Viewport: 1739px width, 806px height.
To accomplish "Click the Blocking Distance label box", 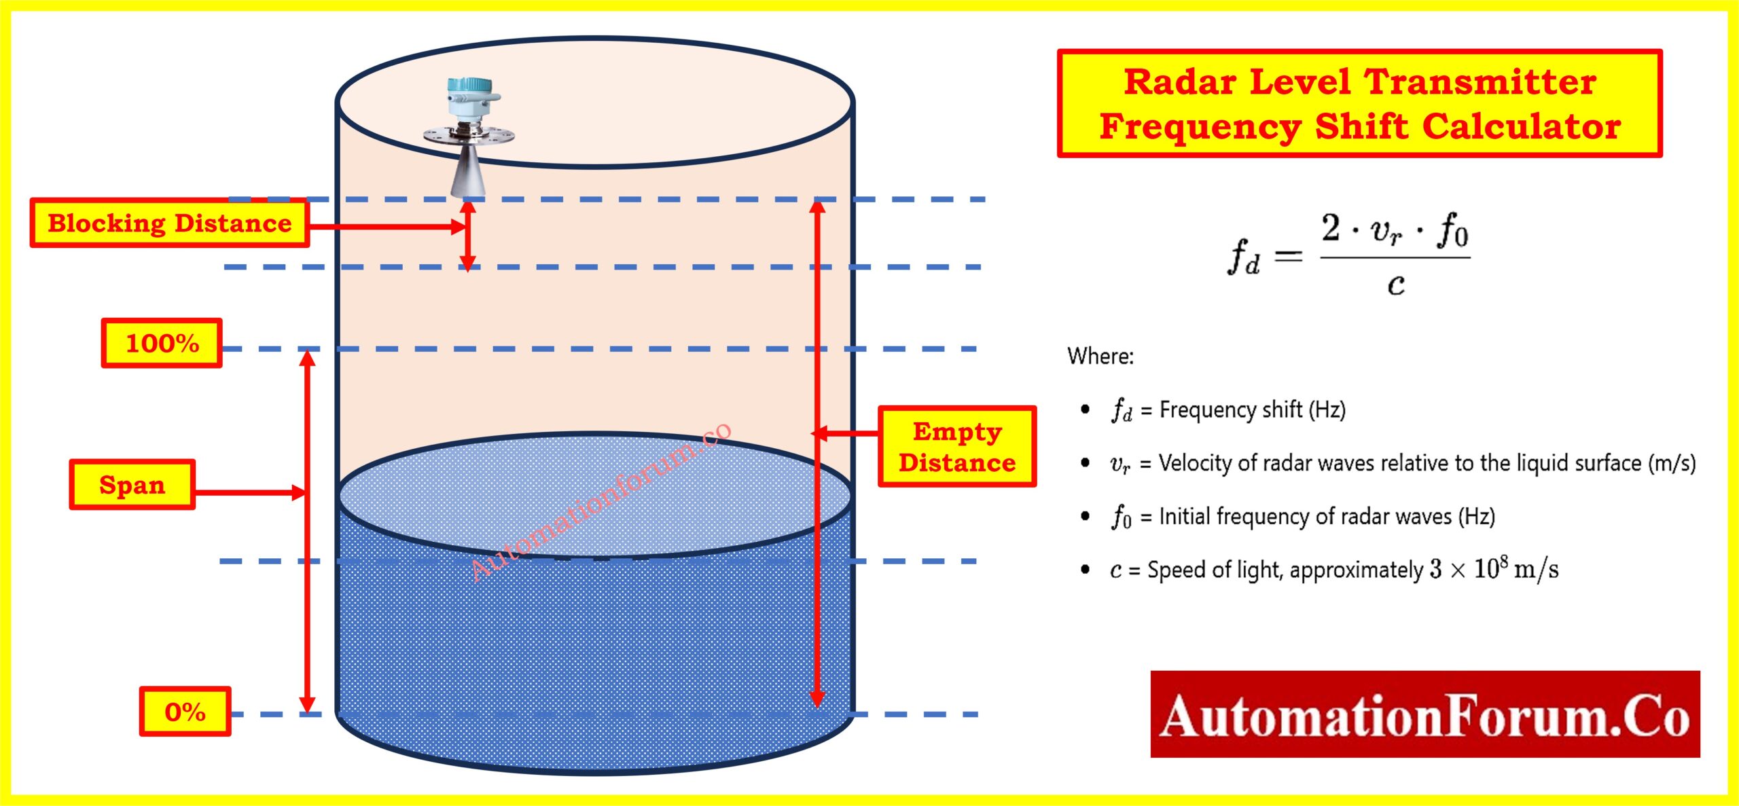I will (169, 223).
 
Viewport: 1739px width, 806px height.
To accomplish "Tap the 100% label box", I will (162, 343).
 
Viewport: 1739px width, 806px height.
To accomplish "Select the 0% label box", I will (185, 712).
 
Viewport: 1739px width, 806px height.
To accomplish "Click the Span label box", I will (132, 485).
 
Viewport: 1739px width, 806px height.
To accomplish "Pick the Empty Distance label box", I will (956, 447).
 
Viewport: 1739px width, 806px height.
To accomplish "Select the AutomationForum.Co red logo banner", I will (1424, 714).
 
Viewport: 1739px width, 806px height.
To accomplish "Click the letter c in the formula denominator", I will (1395, 285).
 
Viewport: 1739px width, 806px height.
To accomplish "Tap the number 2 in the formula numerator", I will (1331, 228).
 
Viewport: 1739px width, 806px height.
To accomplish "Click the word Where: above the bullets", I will (1100, 356).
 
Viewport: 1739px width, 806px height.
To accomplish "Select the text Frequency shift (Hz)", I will (1252, 409).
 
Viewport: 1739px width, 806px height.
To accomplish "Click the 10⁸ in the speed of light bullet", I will (1490, 568).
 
